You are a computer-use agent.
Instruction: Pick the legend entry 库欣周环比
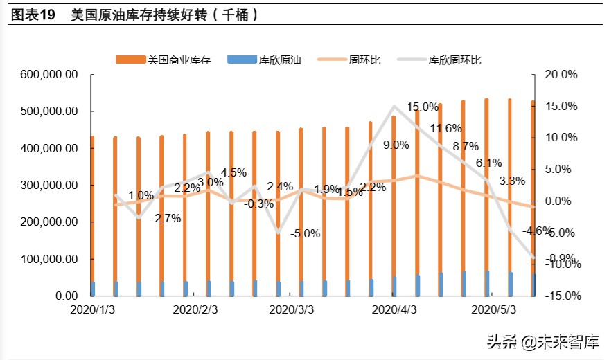point(454,60)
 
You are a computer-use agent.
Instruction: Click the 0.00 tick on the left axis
point(65,296)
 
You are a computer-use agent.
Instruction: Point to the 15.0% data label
point(423,107)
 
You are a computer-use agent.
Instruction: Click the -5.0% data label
point(305,233)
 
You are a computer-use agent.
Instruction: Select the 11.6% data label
point(445,128)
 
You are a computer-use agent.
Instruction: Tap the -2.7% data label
point(166,218)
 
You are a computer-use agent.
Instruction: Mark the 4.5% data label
point(233,172)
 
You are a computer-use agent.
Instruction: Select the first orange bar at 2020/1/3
point(92,216)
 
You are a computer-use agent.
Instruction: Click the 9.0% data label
point(396,145)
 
